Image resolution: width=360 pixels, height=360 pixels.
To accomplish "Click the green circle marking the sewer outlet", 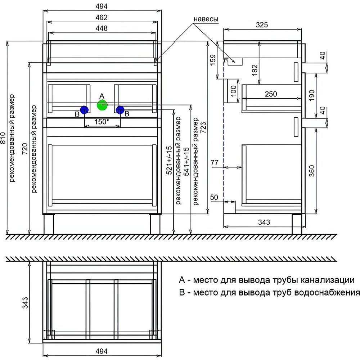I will (102, 105).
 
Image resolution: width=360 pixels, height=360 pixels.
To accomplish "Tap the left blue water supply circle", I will (84, 110).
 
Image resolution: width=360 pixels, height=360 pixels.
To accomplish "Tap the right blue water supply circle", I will (120, 110).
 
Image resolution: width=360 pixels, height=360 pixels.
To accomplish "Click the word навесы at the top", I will (206, 19).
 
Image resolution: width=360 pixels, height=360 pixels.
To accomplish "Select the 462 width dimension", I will (102, 17).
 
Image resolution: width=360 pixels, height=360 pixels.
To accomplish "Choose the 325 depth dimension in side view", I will (262, 25).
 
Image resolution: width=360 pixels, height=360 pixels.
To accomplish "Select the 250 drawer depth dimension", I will (271, 94).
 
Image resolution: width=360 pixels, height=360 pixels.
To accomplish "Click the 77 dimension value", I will (215, 163).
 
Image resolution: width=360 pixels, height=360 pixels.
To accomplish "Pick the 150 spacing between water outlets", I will (102, 122).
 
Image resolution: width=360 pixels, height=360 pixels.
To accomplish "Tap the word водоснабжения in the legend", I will (327, 292).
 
